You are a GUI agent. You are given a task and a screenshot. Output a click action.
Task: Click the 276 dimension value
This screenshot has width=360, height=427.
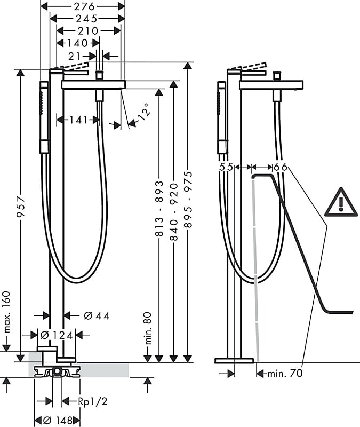[84, 6]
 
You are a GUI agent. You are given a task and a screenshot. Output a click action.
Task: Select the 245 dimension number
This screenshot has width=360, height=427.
[86, 19]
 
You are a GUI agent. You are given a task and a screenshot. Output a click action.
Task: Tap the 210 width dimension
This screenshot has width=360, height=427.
[87, 31]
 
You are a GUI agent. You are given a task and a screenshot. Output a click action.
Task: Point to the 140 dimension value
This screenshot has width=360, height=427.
[77, 43]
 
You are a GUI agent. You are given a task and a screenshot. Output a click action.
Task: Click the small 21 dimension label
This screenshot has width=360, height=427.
[75, 57]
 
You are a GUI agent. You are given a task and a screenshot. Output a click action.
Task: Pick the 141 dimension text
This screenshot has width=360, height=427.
[78, 120]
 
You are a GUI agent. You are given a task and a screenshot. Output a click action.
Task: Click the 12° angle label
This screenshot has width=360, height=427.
[143, 112]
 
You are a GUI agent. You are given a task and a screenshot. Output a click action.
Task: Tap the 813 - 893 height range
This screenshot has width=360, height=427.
[159, 208]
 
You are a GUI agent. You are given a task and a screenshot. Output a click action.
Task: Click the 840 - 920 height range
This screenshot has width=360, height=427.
[174, 212]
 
